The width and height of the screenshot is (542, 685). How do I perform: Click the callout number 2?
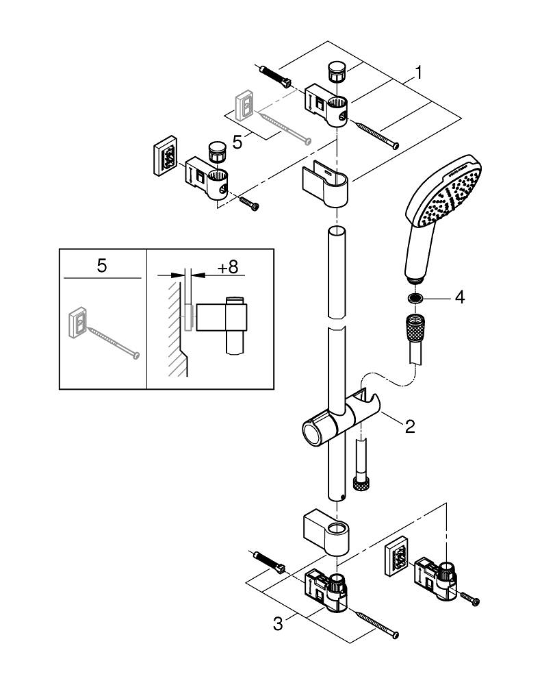coord(409,426)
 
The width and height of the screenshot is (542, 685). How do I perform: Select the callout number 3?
coord(277,624)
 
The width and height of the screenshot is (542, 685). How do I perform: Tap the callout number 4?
coord(460,298)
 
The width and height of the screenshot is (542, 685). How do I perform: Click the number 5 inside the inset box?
coord(101,266)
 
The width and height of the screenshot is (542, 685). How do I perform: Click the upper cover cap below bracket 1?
coord(326,184)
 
